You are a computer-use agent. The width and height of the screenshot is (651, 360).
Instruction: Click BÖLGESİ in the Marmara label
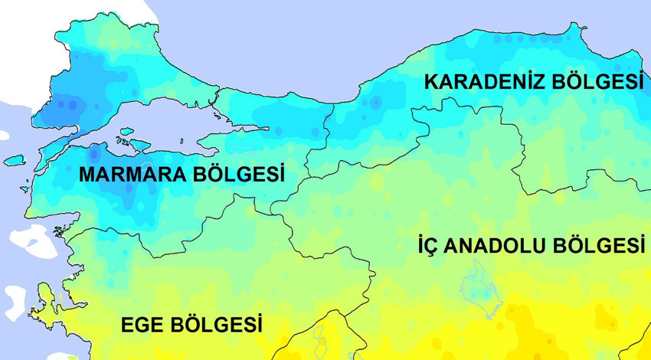tap(238, 175)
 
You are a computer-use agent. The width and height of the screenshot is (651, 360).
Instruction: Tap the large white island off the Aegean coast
tap(34, 244)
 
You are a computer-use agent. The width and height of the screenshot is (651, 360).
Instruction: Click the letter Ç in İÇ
tap(434, 246)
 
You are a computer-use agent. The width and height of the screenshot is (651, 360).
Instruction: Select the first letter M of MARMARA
tap(87, 175)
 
